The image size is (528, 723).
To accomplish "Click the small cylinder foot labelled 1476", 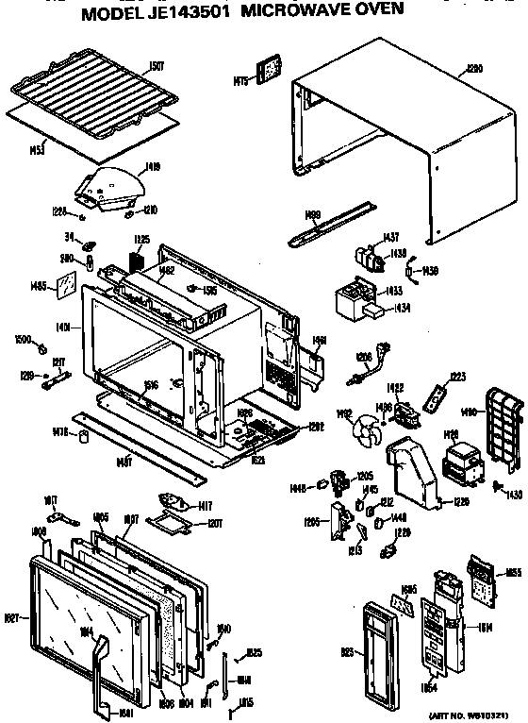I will pos(85,435).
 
